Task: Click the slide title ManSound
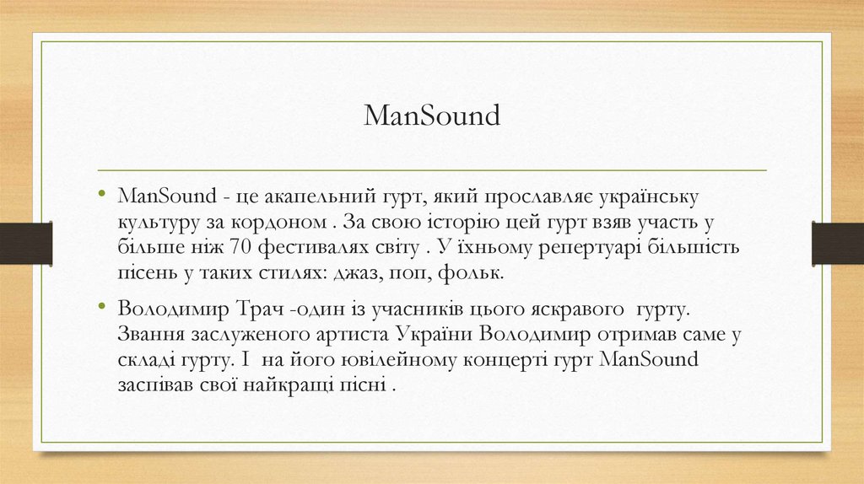[x=432, y=116]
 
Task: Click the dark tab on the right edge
[x=838, y=242]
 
